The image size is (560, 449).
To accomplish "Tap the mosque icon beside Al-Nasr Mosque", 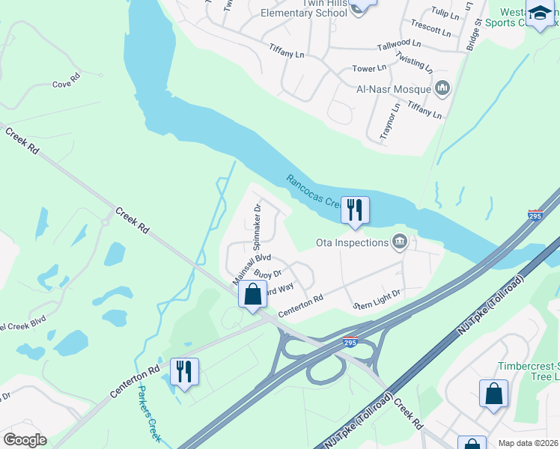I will pos(442,89).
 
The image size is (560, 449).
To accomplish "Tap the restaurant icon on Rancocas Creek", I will pos(354,210).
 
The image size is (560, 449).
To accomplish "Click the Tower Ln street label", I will pos(369,69).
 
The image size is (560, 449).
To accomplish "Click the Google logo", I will pos(25,440).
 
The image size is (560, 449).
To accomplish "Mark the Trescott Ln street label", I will pos(430,32).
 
